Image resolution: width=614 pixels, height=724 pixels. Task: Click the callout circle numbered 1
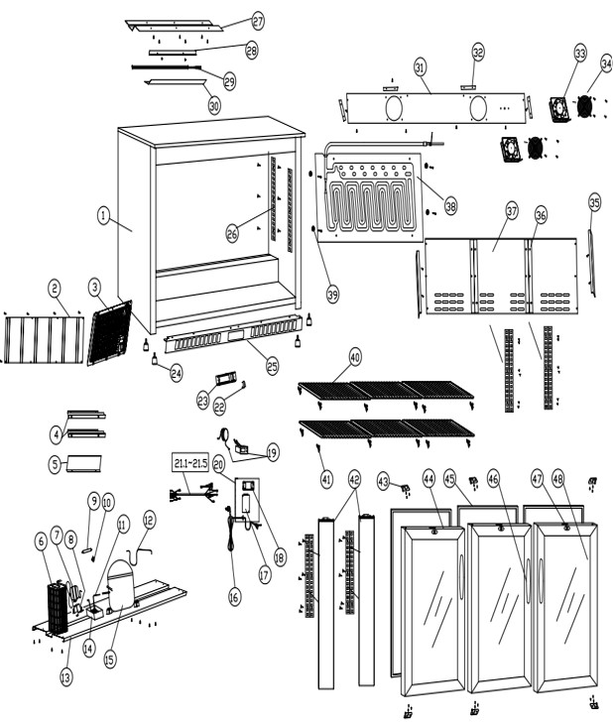[x=102, y=213]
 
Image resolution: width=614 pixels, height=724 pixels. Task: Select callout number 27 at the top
[x=258, y=21]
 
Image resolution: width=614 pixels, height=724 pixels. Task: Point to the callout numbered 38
[x=450, y=206]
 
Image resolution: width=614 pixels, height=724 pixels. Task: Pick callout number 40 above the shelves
[x=355, y=356]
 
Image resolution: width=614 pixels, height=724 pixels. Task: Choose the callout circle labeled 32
[x=478, y=51]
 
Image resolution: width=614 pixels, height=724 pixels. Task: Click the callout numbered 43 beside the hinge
[x=383, y=480]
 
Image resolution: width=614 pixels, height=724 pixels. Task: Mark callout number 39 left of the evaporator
[x=332, y=294]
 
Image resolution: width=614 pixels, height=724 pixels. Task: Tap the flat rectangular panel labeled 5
[x=85, y=463]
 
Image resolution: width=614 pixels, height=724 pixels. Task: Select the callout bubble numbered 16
[x=234, y=598]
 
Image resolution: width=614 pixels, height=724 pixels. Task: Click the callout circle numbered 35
[x=594, y=202]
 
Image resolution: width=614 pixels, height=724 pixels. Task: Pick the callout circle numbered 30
[x=214, y=103]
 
